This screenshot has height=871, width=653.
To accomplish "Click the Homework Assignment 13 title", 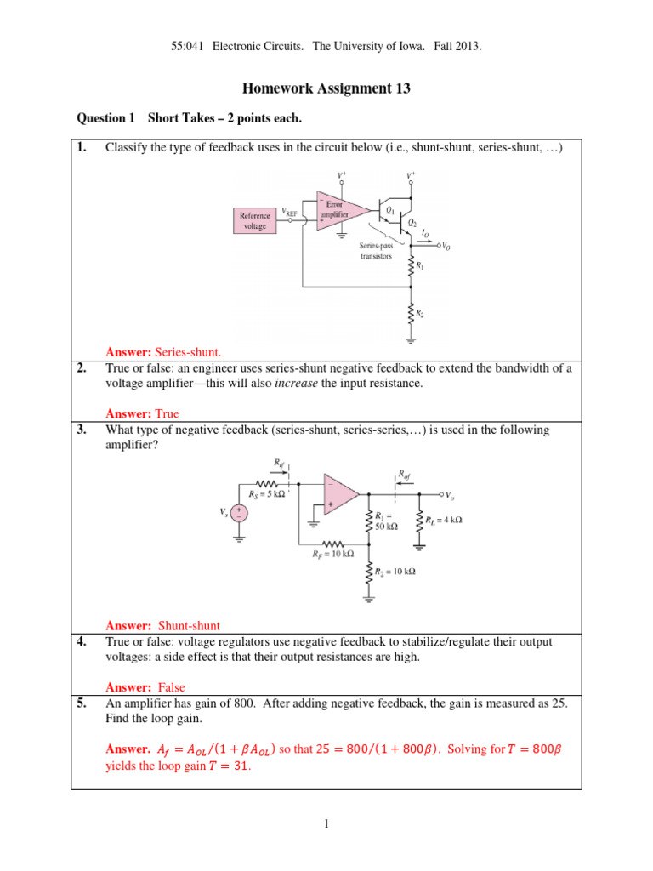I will (x=326, y=88).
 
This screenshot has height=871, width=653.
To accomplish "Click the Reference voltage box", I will (x=256, y=220).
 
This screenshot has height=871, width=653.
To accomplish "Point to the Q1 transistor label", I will (x=389, y=209).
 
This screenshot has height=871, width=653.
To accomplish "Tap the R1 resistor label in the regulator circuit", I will (x=419, y=266).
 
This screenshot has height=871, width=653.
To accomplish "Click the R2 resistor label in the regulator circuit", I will (x=419, y=315).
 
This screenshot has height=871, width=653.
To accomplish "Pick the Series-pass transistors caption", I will (x=375, y=250).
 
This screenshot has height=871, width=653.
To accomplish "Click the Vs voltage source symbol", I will (x=240, y=513).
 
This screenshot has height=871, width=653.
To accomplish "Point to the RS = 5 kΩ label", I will (x=266, y=494).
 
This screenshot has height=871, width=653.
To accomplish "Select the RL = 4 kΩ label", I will (x=443, y=520).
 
